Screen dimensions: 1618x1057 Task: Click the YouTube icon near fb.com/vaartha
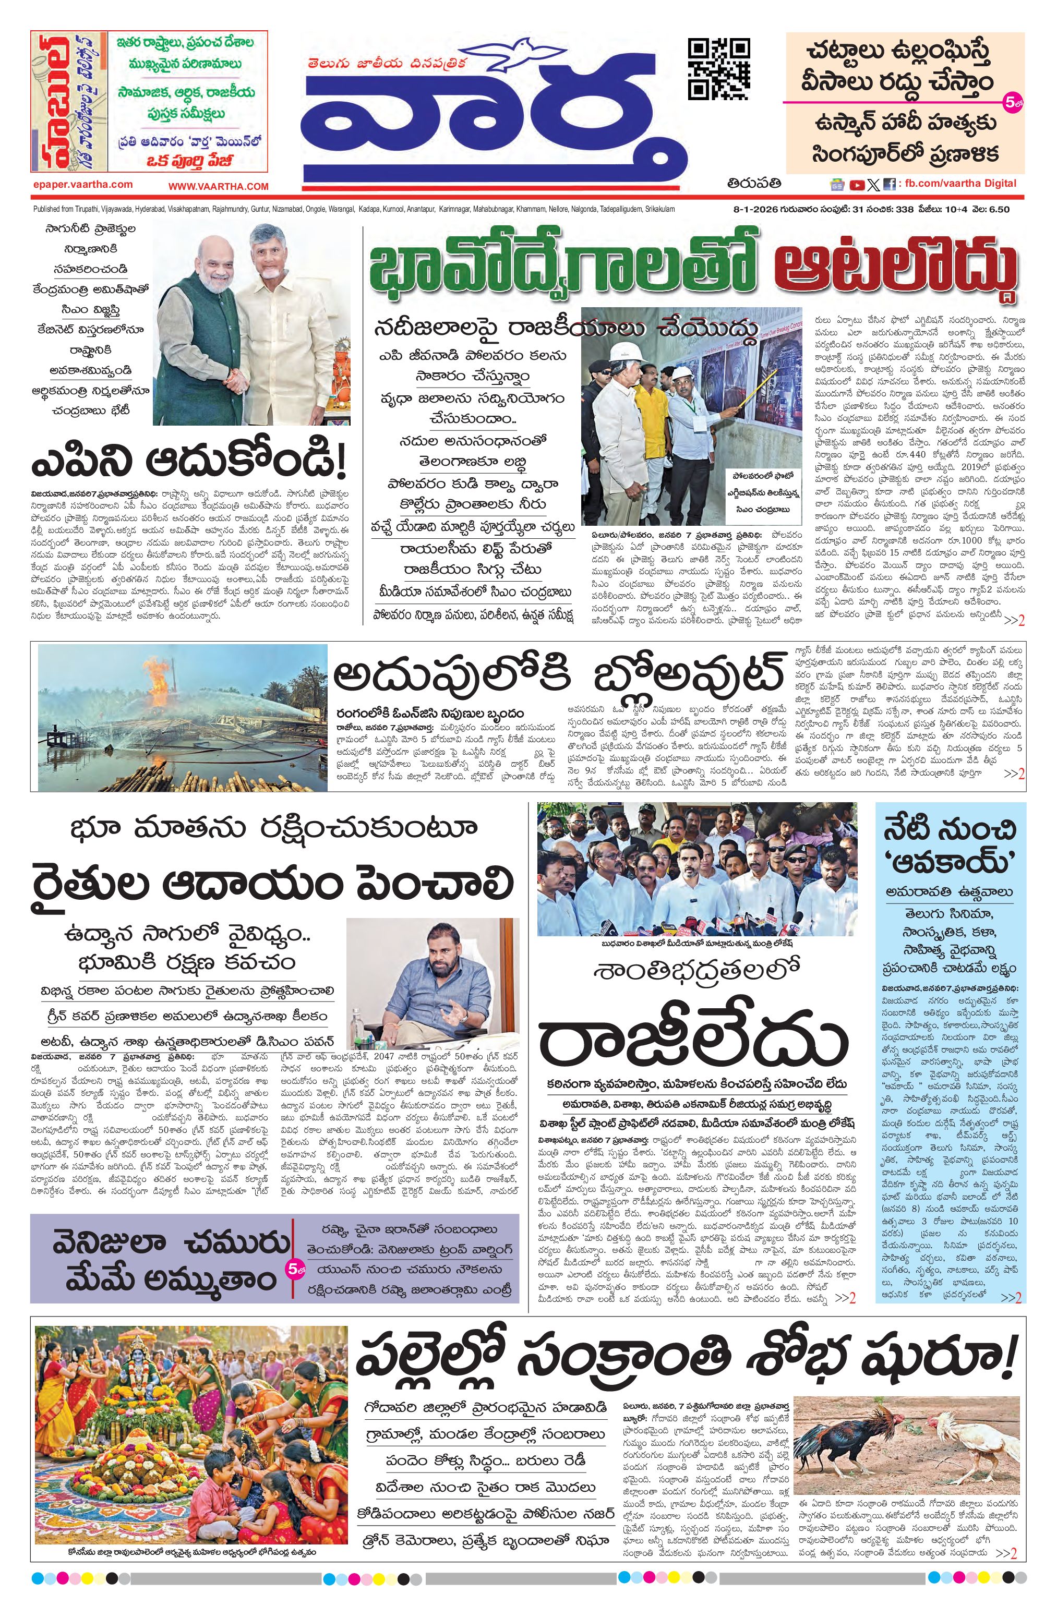pos(857,184)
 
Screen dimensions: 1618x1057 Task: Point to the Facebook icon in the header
pos(889,184)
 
